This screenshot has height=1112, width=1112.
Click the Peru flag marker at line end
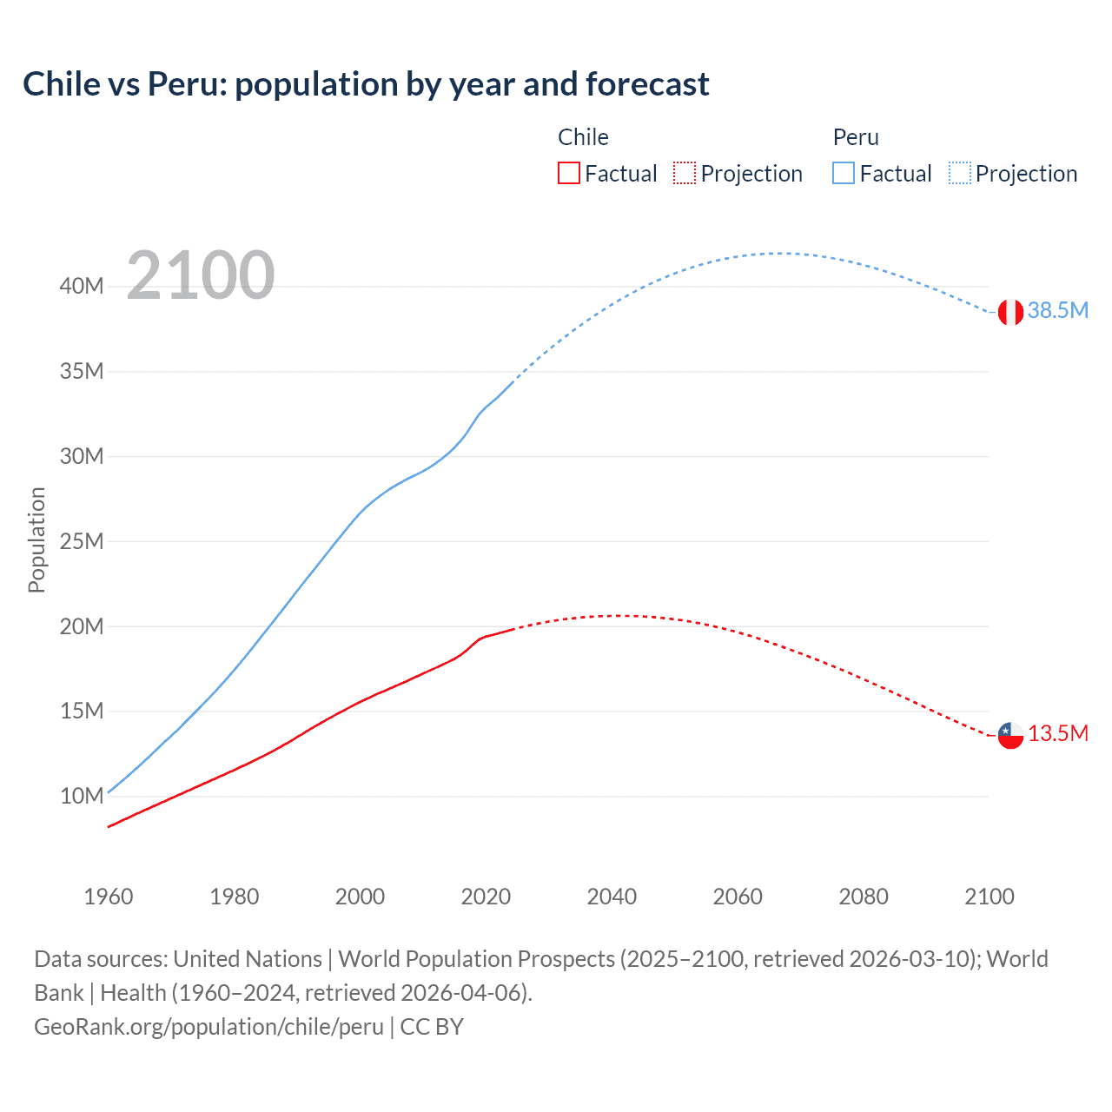[x=1009, y=312]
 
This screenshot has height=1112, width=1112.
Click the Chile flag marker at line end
[x=1010, y=735]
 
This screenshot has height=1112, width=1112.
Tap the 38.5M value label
[x=1057, y=310]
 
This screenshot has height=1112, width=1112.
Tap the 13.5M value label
[x=1057, y=733]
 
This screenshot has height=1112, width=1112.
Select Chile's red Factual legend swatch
[x=568, y=173]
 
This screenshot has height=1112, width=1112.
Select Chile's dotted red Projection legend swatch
[x=685, y=173]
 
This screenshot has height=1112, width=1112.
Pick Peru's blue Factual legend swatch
[x=843, y=173]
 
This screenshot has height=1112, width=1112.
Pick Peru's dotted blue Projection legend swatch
[x=960, y=173]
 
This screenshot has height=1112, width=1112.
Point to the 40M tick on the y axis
[x=82, y=286]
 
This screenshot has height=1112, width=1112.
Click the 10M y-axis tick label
[x=82, y=796]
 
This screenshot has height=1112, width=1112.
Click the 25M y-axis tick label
[x=82, y=541]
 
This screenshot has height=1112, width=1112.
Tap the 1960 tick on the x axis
[x=109, y=897]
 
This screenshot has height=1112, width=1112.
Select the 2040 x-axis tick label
[x=612, y=897]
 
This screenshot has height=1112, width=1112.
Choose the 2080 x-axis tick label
[x=864, y=897]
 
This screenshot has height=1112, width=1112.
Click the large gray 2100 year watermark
[x=201, y=275]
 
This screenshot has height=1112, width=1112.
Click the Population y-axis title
[x=36, y=539]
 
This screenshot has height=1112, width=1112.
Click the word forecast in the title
[x=647, y=84]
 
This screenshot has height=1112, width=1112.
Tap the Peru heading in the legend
[x=856, y=137]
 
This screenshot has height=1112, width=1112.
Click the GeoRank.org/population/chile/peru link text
[x=208, y=1027]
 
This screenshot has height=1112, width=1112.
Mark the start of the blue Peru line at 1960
[x=109, y=791]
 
